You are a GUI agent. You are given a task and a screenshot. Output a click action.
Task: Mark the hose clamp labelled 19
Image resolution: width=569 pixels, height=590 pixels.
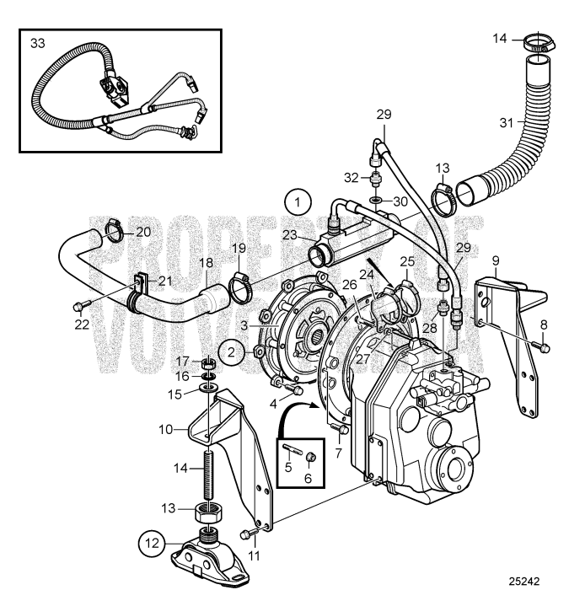(x=242, y=289)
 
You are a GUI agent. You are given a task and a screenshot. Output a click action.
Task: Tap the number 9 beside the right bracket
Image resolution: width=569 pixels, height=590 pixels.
(x=496, y=260)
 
